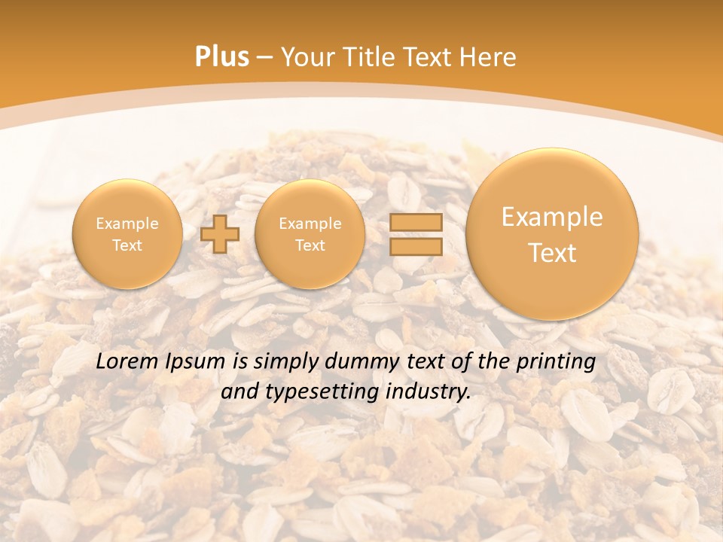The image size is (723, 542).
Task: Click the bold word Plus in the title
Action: coord(221,57)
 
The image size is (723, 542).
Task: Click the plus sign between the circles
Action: coord(220,234)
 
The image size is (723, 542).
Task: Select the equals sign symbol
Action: coord(415,234)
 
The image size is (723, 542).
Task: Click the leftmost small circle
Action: coord(127,234)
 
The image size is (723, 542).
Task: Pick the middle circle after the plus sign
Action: coord(310,234)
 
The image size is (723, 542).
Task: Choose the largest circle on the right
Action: coord(552,234)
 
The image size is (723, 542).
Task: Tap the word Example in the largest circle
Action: coord(552,217)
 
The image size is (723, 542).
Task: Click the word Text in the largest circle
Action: coord(552,253)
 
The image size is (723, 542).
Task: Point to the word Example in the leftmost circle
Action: coord(127,224)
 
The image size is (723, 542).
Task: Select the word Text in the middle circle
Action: coord(310,245)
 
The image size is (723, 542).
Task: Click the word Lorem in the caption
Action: coord(127,361)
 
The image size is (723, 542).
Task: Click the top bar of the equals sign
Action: coord(415,223)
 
